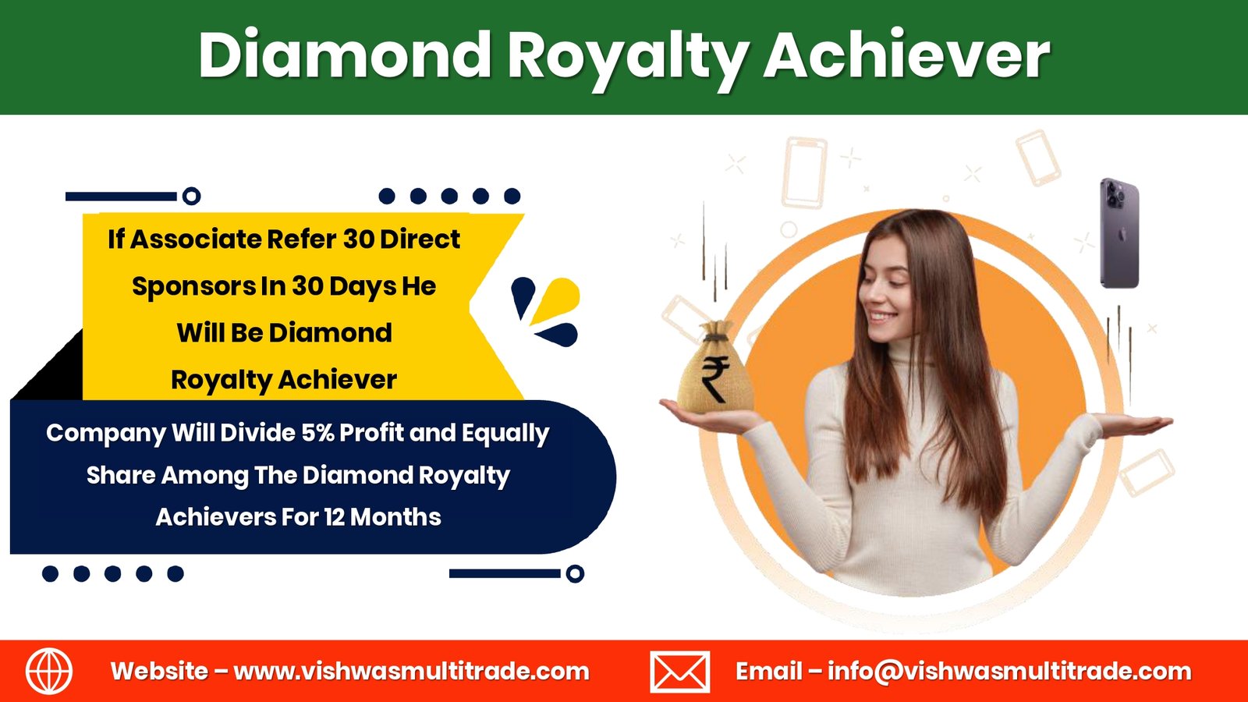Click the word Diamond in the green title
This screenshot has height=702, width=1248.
point(344,55)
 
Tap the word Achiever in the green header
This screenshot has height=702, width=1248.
point(906,55)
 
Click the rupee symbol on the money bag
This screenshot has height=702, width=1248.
point(715,378)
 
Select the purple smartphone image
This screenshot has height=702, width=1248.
point(1119,233)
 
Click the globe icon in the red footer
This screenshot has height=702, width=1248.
point(49,672)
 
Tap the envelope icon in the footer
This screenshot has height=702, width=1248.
point(679,672)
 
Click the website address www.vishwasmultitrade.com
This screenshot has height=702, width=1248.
point(411,672)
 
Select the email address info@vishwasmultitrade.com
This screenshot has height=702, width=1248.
point(1009,672)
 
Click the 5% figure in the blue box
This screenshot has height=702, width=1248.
point(317,433)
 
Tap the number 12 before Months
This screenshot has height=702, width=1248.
point(334,517)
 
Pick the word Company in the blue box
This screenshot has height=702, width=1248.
point(106,434)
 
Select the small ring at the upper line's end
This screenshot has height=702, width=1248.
point(192,196)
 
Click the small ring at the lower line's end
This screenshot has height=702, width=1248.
point(575,573)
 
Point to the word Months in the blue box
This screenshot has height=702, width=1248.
point(395,517)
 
